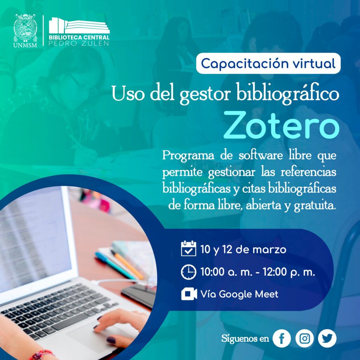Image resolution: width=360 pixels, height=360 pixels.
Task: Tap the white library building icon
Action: [79, 25]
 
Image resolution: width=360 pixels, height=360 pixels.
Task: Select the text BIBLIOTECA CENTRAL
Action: [79, 37]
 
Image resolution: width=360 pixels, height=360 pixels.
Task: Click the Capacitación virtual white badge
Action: [268, 63]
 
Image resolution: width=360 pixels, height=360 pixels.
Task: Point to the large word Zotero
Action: [281, 125]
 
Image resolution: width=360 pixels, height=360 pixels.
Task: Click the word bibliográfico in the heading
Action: [288, 94]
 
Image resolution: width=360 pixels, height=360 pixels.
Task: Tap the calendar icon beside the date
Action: [188, 248]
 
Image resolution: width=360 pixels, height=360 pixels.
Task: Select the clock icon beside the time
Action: [188, 272]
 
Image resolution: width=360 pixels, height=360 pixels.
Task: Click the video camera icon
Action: [189, 294]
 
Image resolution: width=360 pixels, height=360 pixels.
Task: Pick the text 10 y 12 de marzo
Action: [243, 250]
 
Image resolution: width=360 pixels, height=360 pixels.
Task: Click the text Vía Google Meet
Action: [239, 294]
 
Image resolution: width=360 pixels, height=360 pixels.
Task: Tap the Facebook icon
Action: [282, 338]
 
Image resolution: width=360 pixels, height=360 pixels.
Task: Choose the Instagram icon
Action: [304, 338]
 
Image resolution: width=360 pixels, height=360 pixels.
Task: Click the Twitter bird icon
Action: [327, 338]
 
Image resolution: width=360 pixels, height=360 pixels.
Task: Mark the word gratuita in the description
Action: [315, 205]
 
